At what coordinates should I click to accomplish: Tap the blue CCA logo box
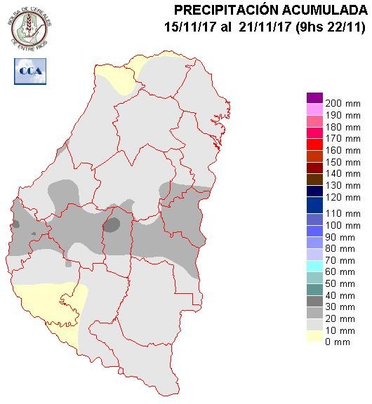coord(28,70)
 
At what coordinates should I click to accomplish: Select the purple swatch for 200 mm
coord(314,98)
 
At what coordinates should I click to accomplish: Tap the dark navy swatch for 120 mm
coord(314,191)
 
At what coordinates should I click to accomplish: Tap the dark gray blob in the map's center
coord(112,225)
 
